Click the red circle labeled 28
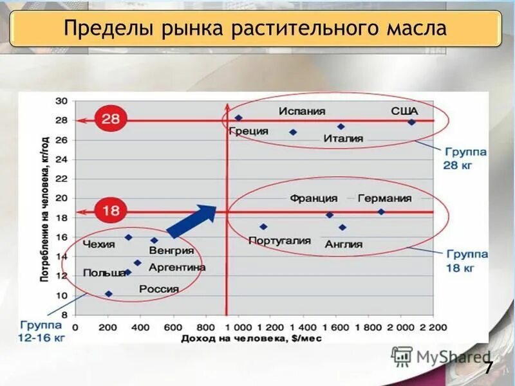coord(111,119)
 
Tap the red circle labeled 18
coord(111,210)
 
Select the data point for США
coord(412,122)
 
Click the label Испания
coord(302,111)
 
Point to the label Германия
coord(384,198)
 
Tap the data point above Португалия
coord(263,226)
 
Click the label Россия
coord(158,289)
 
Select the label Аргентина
coord(177,267)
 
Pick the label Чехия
coord(98,244)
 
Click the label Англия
coord(343,244)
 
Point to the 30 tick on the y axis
coord(62,101)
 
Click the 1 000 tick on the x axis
coord(239,327)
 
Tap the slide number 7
coord(489,369)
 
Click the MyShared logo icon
coord(402,356)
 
